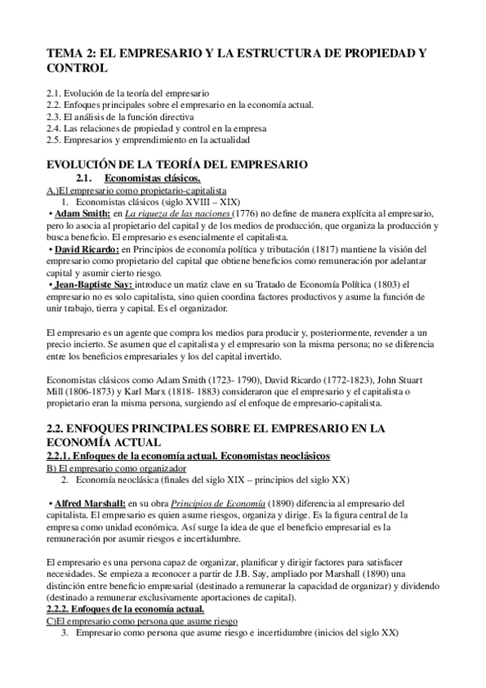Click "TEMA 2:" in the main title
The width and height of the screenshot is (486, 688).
[71, 54]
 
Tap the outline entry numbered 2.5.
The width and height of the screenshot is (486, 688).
[136, 140]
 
